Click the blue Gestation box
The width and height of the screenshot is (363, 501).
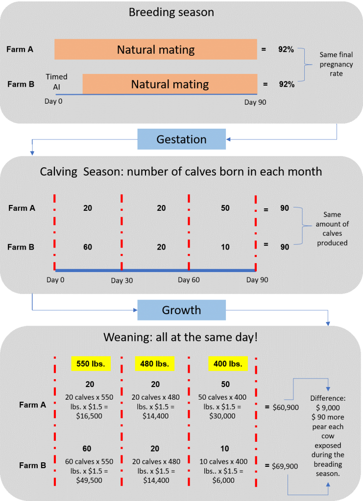[x=181, y=139]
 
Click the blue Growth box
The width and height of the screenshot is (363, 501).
[x=181, y=310]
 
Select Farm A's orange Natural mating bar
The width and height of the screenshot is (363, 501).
[x=156, y=49]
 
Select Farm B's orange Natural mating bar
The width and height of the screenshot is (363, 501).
[x=169, y=84]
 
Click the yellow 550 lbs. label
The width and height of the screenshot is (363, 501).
[x=90, y=364]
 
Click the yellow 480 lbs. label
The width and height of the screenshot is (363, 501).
[x=155, y=364]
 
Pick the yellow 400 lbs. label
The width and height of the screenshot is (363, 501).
[x=227, y=364]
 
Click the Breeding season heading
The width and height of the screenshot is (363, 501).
[x=171, y=12]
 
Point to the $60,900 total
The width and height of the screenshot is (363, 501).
[x=285, y=407]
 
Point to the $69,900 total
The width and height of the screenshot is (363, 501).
[x=285, y=467]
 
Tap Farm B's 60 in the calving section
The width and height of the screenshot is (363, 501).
[x=88, y=247]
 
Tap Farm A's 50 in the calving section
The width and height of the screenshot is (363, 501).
[x=225, y=208]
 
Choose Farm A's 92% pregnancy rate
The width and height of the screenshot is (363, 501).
[x=286, y=49]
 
